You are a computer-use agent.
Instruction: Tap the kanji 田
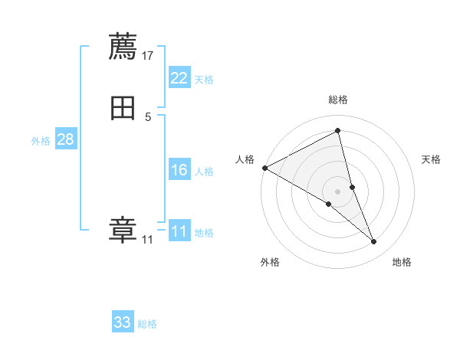tap(123, 108)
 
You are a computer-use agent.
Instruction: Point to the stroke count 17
tap(148, 55)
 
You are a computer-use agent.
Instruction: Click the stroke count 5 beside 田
tap(148, 116)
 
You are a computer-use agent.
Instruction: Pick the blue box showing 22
tap(179, 78)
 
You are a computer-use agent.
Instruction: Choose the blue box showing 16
tap(179, 170)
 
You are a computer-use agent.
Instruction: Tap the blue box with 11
tap(179, 231)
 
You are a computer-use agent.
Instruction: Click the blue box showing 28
tap(65, 139)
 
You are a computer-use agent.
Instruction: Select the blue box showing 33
tap(123, 322)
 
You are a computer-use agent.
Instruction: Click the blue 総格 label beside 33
tap(147, 324)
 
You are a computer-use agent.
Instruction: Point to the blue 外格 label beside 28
tap(41, 141)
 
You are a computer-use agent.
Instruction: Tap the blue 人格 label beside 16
tap(205, 172)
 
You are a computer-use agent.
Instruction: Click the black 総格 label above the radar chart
tap(337, 100)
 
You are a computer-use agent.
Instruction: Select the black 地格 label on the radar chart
tap(402, 262)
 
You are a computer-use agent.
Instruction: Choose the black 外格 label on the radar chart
tap(270, 262)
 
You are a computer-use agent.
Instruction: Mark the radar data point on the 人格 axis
tap(264, 167)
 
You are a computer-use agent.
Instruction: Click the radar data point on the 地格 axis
tap(374, 242)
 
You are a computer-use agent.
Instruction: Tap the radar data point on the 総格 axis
tap(337, 132)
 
